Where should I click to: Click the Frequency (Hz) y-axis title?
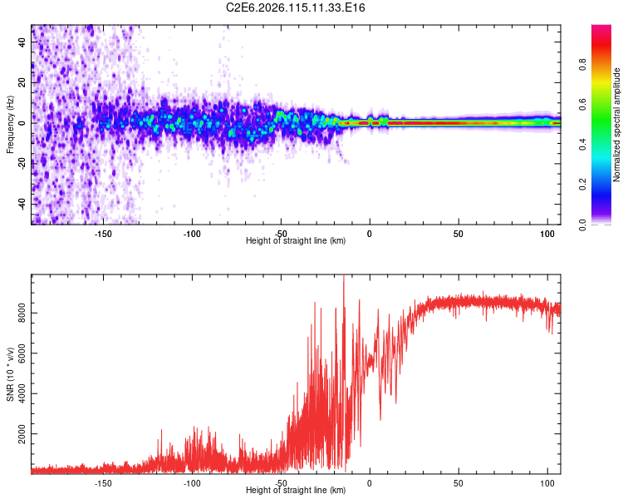10,124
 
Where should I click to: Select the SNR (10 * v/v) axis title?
10,373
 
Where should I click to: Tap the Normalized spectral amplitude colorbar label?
616,125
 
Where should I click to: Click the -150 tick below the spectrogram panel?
103,233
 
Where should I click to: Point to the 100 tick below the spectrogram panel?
547,233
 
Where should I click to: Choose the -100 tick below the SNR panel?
192,482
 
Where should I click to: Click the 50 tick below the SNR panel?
458,482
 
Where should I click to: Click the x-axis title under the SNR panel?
296,491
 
